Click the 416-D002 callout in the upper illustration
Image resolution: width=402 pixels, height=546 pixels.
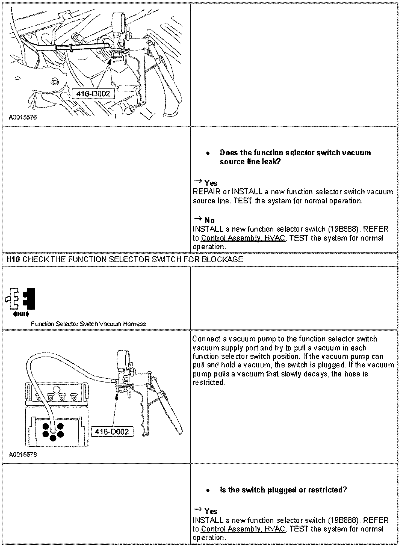click(93, 94)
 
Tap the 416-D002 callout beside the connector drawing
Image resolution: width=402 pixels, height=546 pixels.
click(112, 432)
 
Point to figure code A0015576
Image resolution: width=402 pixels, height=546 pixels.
click(23, 118)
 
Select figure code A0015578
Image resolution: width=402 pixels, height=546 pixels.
click(23, 455)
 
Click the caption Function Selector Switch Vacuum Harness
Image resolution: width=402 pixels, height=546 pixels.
click(88, 324)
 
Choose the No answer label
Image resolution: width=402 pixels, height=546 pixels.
click(209, 220)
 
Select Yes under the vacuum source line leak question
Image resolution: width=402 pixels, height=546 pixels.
click(211, 183)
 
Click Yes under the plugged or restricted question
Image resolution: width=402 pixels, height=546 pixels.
click(211, 511)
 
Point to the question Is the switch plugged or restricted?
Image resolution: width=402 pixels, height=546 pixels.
click(283, 490)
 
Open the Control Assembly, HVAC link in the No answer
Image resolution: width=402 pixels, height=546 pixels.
click(243, 238)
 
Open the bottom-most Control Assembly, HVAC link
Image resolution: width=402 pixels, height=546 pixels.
click(243, 529)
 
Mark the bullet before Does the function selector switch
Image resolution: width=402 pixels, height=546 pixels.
click(208, 153)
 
